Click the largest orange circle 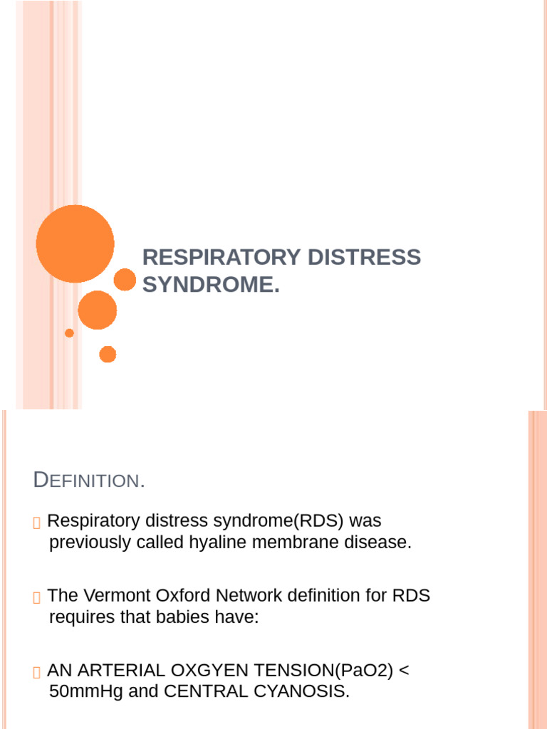[75, 243]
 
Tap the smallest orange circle [69, 332]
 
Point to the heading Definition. [89, 481]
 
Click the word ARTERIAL [116, 671]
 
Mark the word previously [88, 542]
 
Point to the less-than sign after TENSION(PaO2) [404, 671]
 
